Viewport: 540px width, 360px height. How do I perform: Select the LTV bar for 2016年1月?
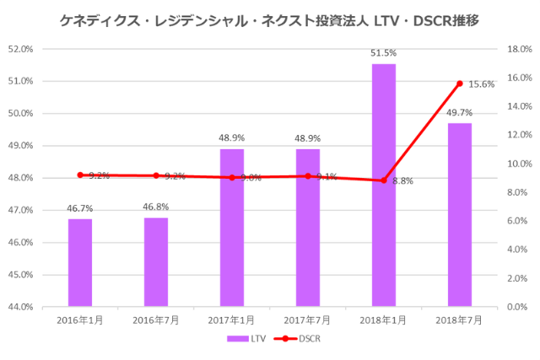point(80,262)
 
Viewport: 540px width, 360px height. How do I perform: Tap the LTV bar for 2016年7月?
point(156,261)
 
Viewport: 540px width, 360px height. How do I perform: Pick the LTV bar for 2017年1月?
point(232,228)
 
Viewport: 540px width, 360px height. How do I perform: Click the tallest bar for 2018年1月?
point(383,185)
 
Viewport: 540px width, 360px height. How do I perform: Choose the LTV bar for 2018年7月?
point(460,215)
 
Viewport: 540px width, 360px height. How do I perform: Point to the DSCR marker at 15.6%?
point(460,83)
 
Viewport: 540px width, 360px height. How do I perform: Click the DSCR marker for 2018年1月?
point(383,180)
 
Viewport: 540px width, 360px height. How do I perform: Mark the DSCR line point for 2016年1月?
point(80,175)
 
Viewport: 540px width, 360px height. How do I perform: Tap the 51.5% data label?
point(383,53)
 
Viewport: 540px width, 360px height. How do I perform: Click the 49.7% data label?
point(460,112)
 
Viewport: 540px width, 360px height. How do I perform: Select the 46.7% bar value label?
point(80,207)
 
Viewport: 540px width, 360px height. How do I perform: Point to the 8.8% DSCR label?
point(402,180)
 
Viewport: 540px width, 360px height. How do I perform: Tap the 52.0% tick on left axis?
point(20,49)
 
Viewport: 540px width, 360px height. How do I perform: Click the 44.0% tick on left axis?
point(20,307)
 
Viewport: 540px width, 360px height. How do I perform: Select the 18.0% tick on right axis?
point(517,49)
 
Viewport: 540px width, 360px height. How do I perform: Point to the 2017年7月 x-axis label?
point(308,320)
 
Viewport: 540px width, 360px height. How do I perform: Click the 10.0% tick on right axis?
point(517,164)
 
